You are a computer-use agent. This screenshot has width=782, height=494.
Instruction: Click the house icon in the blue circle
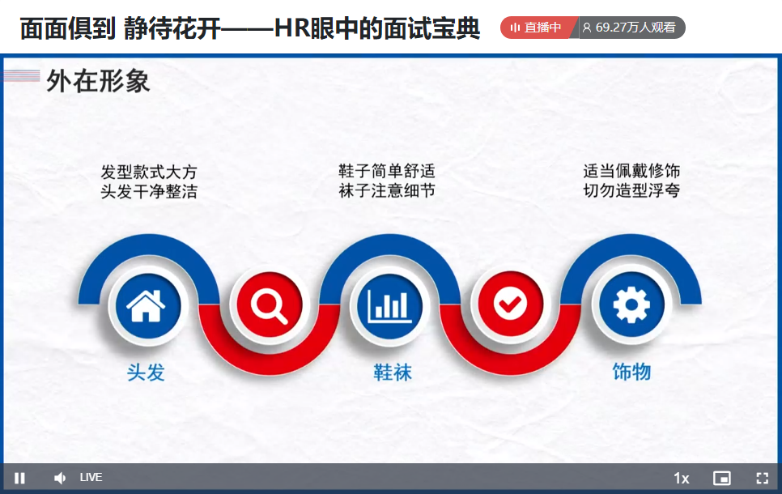(146, 305)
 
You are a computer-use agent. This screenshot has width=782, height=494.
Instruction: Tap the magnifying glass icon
(270, 305)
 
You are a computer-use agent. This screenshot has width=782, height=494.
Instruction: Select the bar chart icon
(390, 305)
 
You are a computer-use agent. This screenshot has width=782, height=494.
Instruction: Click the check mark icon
(510, 304)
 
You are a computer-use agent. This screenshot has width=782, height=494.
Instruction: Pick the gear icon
(631, 304)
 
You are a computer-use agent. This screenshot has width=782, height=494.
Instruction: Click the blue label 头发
(146, 373)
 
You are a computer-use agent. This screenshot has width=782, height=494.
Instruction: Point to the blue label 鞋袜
(393, 373)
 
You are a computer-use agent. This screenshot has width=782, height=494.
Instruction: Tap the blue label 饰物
(631, 372)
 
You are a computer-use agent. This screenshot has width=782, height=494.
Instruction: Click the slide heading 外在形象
(98, 81)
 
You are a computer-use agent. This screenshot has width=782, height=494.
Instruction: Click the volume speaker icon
(60, 478)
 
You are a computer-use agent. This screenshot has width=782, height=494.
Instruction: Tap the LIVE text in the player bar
(91, 478)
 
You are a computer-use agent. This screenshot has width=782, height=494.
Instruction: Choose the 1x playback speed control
(682, 479)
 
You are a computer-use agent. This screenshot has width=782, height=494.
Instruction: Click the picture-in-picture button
(721, 478)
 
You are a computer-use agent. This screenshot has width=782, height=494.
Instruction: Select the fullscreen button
(762, 478)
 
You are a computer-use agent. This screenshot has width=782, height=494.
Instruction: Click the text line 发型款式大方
(149, 172)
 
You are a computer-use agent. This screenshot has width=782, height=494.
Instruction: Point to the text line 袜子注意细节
(387, 190)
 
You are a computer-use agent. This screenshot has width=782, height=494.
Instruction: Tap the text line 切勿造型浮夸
(631, 190)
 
